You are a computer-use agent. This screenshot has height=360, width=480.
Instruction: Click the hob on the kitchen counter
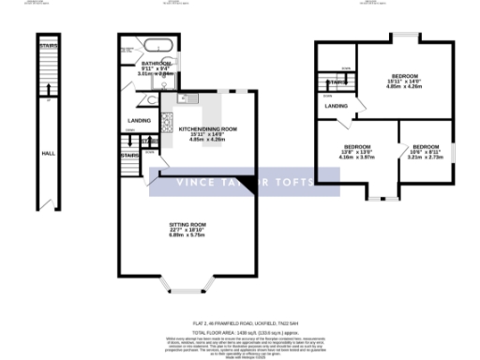pyautogui.click(x=167, y=120)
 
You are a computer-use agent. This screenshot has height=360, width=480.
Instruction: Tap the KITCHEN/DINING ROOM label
pyautogui.click(x=202, y=128)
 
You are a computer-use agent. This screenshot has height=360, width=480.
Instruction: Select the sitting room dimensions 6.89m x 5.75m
pyautogui.click(x=187, y=235)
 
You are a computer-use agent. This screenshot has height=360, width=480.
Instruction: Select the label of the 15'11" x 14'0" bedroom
pyautogui.click(x=404, y=76)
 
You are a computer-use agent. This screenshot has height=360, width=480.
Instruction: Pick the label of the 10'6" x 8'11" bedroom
pyautogui.click(x=426, y=147)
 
